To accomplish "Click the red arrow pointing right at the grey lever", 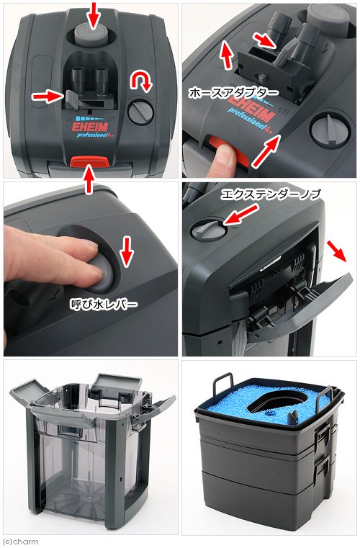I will point(45,96).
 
